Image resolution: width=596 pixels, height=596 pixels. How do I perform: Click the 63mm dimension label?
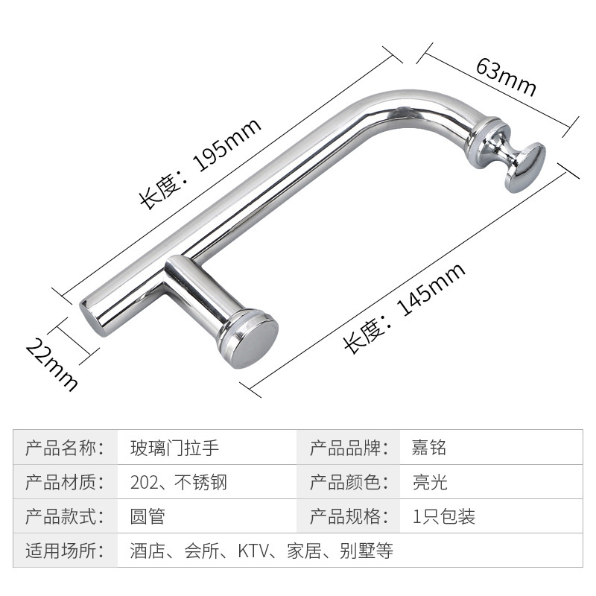click(x=506, y=77)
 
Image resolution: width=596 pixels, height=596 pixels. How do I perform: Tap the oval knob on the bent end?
click(x=525, y=168)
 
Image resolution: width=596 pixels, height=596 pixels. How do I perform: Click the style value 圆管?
click(x=147, y=516)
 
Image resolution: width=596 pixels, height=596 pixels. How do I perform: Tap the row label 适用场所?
click(x=63, y=551)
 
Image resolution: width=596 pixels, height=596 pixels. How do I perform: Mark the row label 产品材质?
click(x=63, y=482)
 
